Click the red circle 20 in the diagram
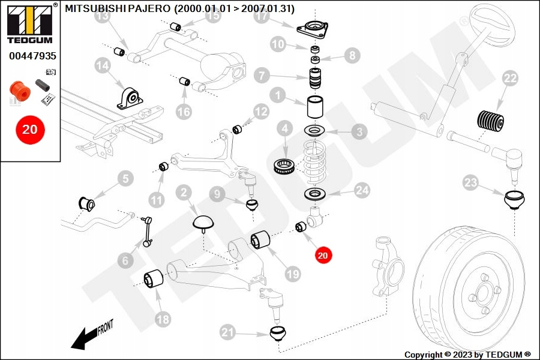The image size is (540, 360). click(x=323, y=255)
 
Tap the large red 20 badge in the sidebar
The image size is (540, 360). click(x=30, y=130)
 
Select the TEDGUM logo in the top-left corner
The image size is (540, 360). click(x=30, y=24)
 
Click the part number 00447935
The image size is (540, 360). click(x=32, y=56)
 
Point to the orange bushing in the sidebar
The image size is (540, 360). click(x=20, y=91)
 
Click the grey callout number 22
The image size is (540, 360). click(x=510, y=79)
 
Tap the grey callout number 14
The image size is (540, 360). click(x=103, y=65)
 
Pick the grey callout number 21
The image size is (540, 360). click(x=227, y=332)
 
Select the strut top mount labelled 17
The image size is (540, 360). click(x=313, y=29)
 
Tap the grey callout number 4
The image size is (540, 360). click(x=284, y=129)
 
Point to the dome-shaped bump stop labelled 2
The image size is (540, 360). click(x=203, y=223)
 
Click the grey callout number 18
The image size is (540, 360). click(x=163, y=319)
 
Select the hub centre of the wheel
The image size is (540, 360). click(x=483, y=294)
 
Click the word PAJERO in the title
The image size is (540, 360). click(x=149, y=8)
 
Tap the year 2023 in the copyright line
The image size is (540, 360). click(x=462, y=355)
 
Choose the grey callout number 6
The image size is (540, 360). click(x=125, y=260)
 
